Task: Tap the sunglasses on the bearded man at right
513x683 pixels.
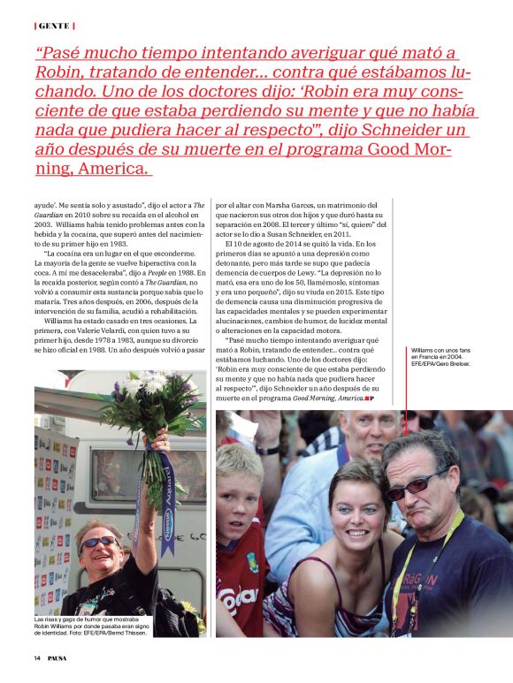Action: tap(417, 482)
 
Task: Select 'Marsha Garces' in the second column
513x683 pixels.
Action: tap(306, 206)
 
